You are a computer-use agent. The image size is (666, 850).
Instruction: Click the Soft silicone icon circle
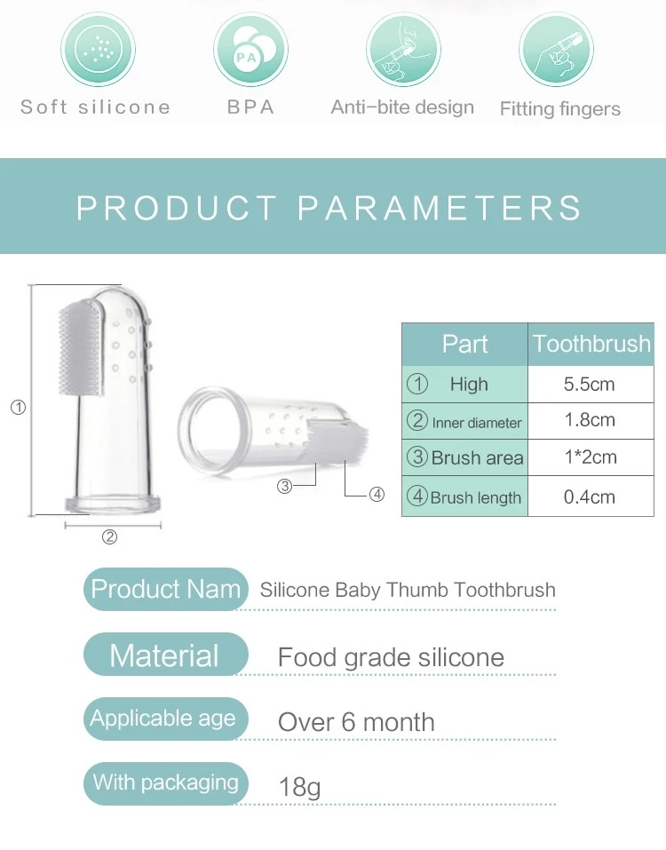click(x=98, y=48)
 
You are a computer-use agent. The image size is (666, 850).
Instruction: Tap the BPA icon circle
click(x=250, y=48)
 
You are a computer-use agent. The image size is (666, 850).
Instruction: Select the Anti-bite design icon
click(x=402, y=48)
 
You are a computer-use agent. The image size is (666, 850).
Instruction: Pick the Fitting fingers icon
click(x=556, y=48)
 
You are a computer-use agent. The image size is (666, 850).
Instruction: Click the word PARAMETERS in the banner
click(x=440, y=208)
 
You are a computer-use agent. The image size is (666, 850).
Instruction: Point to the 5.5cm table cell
click(x=590, y=385)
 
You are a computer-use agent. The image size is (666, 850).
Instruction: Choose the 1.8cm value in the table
click(x=590, y=421)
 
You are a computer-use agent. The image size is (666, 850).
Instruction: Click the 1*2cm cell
click(x=590, y=458)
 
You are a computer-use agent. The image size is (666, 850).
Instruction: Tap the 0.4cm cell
click(x=590, y=496)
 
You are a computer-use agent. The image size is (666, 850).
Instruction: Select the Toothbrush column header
click(x=591, y=344)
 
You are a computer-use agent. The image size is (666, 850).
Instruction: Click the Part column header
click(x=464, y=344)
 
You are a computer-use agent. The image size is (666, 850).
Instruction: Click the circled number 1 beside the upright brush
click(x=18, y=408)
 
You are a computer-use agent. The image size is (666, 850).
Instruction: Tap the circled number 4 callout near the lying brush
click(x=377, y=495)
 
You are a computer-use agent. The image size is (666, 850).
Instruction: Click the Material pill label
click(x=164, y=655)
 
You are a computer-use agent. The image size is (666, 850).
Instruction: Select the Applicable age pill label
click(x=164, y=719)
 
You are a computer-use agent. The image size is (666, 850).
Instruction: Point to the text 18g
click(x=299, y=787)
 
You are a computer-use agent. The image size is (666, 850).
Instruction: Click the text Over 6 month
click(x=356, y=722)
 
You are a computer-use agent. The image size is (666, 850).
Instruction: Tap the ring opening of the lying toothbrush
click(x=210, y=422)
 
